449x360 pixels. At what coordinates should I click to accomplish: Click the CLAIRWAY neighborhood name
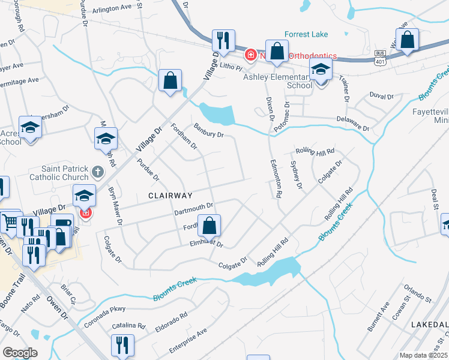coord(171,196)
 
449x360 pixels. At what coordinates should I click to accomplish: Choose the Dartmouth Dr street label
coord(194,208)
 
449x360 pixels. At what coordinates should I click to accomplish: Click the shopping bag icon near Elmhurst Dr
coord(209,226)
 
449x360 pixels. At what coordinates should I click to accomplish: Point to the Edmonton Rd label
coord(277,179)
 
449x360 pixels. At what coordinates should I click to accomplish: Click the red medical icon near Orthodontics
coord(250,56)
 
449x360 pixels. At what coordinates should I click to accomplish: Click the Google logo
coord(20,353)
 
